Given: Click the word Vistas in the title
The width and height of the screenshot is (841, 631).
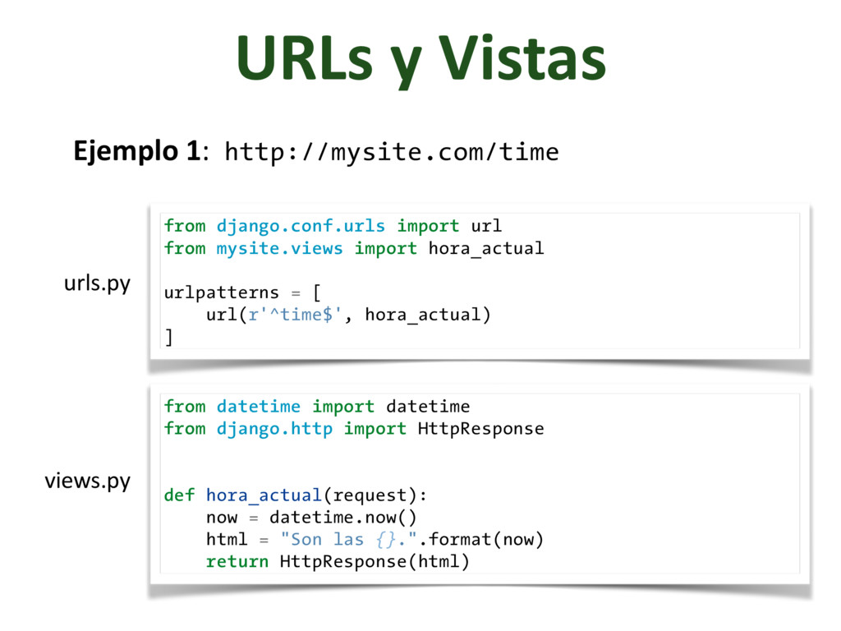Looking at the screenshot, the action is pyautogui.click(x=522, y=59).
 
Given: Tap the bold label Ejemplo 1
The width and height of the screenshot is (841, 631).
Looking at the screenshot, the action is pyautogui.click(x=136, y=151).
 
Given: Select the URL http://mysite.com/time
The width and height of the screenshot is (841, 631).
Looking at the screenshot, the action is pyautogui.click(x=392, y=152).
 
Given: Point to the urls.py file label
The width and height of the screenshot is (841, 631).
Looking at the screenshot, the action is pyautogui.click(x=97, y=283).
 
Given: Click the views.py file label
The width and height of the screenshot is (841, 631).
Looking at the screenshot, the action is pyautogui.click(x=87, y=481).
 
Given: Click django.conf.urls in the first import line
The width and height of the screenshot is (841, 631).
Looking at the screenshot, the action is pyautogui.click(x=301, y=225).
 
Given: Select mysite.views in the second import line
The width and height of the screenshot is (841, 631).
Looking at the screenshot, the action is pyautogui.click(x=279, y=247).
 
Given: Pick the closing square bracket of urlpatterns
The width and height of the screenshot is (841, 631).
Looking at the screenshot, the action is pyautogui.click(x=168, y=337).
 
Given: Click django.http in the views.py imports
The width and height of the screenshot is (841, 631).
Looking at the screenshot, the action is pyautogui.click(x=274, y=428).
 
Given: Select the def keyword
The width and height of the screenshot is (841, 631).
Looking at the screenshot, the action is pyautogui.click(x=179, y=495).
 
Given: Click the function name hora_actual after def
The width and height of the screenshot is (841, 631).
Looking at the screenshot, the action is pyautogui.click(x=264, y=495).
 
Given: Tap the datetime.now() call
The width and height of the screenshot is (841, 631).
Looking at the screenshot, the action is pyautogui.click(x=343, y=517).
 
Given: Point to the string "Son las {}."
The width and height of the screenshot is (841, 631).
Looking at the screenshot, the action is pyautogui.click(x=354, y=539).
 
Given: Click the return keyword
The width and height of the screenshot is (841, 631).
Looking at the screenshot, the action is pyautogui.click(x=237, y=561).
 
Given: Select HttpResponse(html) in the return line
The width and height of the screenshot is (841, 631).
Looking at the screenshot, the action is pyautogui.click(x=375, y=561).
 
